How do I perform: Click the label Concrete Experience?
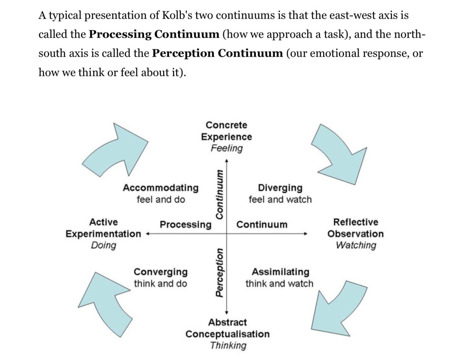point(227,131)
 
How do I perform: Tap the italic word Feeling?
point(227,148)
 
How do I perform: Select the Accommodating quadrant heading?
point(160,188)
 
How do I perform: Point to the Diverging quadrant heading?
point(280,188)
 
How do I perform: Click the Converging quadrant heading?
point(160,272)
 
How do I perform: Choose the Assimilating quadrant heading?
point(280,272)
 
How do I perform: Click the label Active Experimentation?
point(103,228)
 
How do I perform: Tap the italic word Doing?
point(103,245)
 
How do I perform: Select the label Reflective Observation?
point(356,228)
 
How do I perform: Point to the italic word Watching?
point(356,245)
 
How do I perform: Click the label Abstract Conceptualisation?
point(227,328)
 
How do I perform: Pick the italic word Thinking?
point(228,345)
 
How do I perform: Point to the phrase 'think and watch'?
point(279,284)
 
